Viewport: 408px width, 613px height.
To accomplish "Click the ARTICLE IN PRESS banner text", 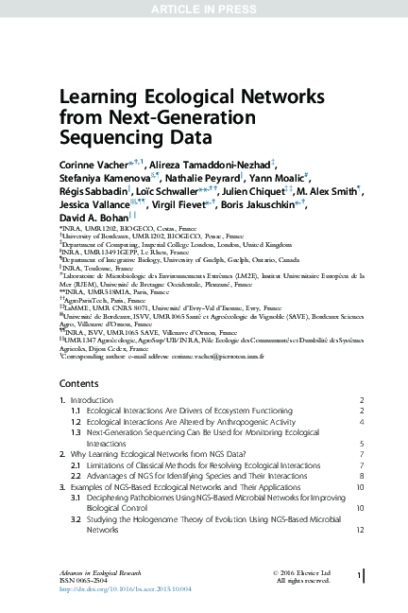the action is tap(204, 9).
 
